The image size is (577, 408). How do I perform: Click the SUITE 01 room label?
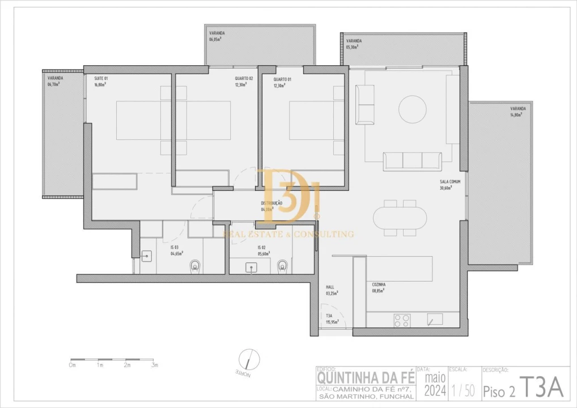[101, 79]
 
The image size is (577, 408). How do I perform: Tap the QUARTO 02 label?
[244, 79]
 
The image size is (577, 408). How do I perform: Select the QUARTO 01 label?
[282, 79]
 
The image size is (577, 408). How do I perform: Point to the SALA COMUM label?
[449, 182]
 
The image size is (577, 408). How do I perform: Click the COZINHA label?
[379, 284]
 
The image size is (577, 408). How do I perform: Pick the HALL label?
[330, 287]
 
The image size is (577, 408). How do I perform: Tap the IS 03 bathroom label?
[175, 248]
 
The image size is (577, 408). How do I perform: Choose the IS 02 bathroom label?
[261, 248]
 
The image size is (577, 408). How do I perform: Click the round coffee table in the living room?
[412, 109]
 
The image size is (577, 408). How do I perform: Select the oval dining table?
[400, 218]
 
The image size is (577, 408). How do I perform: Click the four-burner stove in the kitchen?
[402, 321]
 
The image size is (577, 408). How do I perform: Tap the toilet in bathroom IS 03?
[196, 265]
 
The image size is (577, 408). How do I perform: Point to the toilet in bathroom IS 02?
[283, 265]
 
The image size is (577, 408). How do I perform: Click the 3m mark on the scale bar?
[154, 365]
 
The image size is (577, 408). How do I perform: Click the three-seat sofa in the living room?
[412, 161]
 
